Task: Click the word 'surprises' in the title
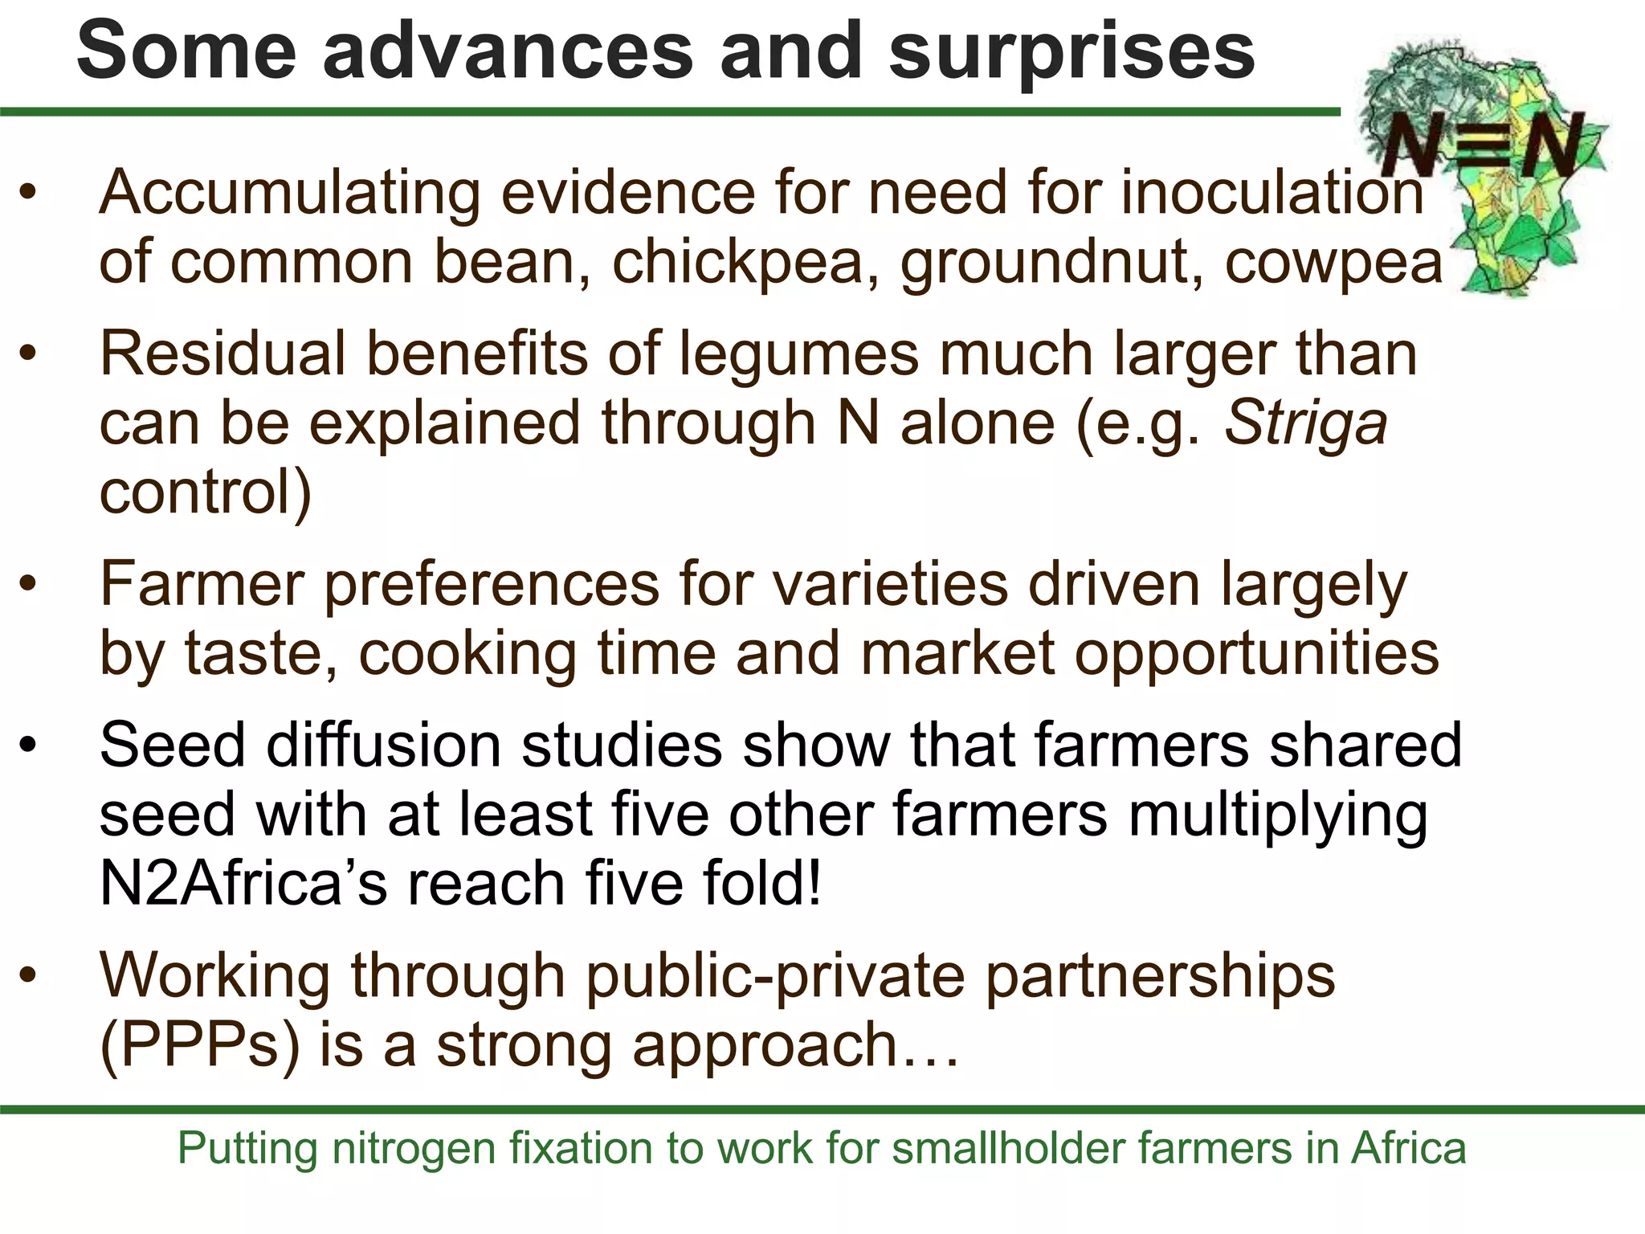(x=1071, y=51)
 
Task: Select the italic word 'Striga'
(x=1306, y=424)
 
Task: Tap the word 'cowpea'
(x=1333, y=264)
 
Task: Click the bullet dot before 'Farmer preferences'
(x=29, y=584)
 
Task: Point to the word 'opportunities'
(x=1257, y=654)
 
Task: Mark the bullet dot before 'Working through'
(x=29, y=975)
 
